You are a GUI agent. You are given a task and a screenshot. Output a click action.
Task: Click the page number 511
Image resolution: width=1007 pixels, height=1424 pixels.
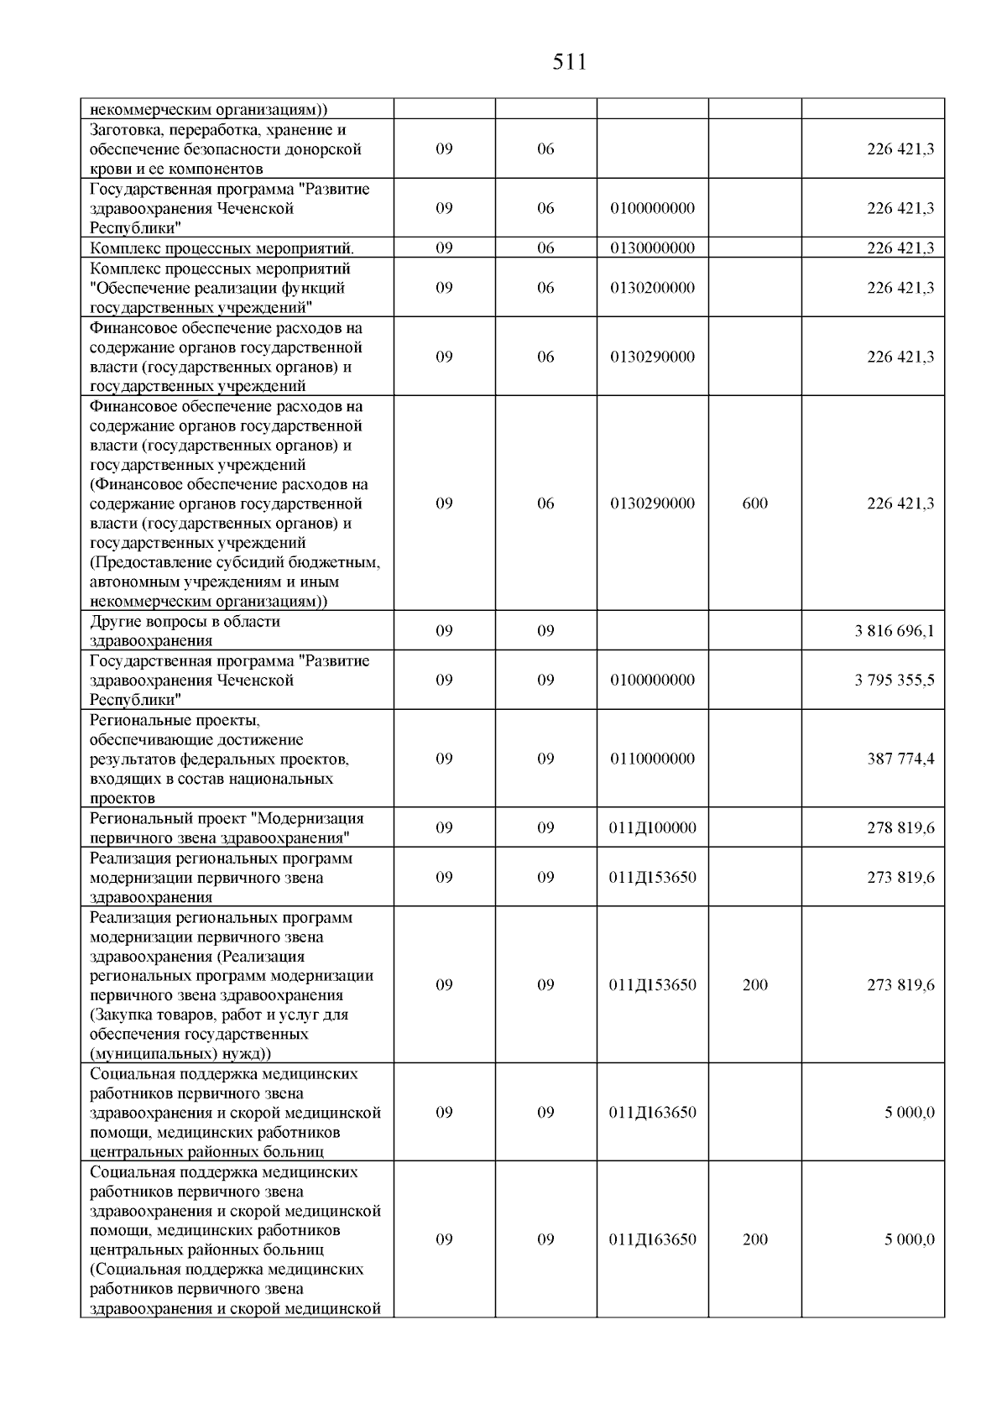tap(570, 62)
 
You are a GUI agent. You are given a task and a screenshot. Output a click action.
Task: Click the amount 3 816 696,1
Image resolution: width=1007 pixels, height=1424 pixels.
tap(894, 631)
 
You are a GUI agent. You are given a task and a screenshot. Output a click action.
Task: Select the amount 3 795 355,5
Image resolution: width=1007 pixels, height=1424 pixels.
tap(894, 681)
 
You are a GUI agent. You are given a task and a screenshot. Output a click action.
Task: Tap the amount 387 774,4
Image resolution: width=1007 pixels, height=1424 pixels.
tap(900, 759)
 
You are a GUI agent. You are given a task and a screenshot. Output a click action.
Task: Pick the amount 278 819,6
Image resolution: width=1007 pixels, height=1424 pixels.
tap(900, 828)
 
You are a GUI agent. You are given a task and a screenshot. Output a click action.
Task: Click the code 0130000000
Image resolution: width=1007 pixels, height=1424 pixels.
tap(653, 248)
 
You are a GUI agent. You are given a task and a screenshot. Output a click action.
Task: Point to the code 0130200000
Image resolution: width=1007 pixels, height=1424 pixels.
tap(653, 288)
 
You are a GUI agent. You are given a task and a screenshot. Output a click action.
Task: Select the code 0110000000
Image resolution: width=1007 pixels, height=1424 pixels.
tap(653, 759)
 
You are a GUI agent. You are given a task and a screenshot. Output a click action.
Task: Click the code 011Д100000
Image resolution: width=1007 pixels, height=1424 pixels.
tap(653, 828)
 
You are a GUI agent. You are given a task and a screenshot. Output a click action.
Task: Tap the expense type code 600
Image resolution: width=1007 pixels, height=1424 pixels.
tap(755, 504)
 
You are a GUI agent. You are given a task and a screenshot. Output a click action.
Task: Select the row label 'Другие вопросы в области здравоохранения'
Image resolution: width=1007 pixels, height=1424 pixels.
tap(185, 631)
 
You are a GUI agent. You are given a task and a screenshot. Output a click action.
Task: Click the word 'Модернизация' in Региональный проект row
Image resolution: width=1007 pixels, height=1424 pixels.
tap(311, 818)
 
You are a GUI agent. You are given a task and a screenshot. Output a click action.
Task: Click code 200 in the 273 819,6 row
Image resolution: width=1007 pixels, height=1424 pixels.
tap(755, 986)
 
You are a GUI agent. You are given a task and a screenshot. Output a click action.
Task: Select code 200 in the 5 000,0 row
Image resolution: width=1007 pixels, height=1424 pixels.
tap(755, 1240)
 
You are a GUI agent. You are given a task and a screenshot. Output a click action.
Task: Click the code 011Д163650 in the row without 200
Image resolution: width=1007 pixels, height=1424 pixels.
tap(653, 1114)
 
